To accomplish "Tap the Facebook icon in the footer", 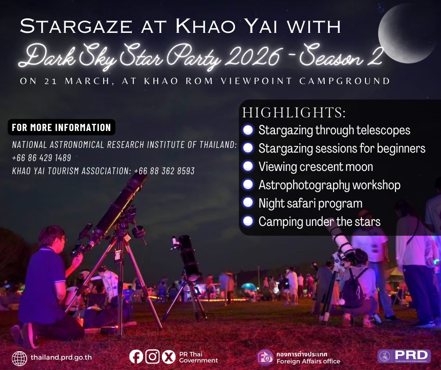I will click(x=136, y=357).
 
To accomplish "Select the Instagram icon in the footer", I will click(x=152, y=357).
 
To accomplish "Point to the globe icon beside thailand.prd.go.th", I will click(x=19, y=358).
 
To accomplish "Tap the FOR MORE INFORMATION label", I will click(x=61, y=127).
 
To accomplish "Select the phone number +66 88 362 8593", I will click(x=164, y=171).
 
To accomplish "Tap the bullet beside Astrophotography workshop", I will click(x=248, y=185).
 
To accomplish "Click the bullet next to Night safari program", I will click(x=248, y=203).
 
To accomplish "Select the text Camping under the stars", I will click(x=319, y=221).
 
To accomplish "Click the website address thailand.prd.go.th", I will click(x=61, y=357).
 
